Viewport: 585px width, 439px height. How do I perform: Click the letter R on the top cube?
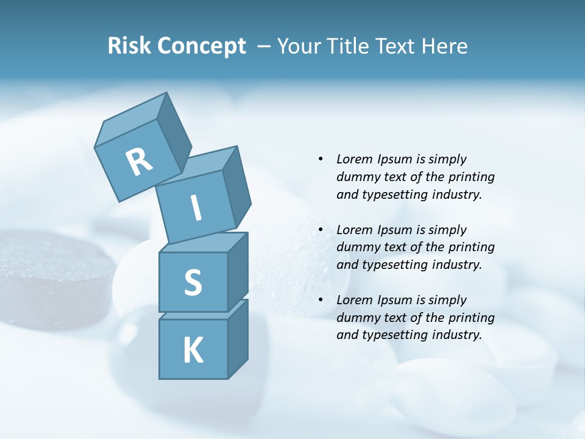point(138,162)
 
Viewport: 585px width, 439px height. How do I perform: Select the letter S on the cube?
point(193,282)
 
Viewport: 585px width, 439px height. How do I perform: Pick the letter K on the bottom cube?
point(193,351)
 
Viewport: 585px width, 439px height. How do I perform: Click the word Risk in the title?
point(129,46)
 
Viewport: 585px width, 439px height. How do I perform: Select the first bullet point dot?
point(321,159)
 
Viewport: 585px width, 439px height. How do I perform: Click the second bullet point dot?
point(321,230)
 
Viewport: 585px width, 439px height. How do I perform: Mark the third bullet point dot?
point(321,300)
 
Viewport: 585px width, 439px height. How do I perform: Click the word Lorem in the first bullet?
point(353,159)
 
